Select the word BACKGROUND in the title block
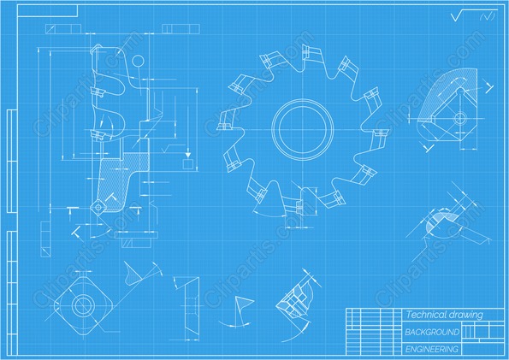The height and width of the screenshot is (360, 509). (x=432, y=332)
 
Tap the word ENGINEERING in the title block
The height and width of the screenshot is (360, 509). (x=432, y=349)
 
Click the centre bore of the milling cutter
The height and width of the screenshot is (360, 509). (x=302, y=129)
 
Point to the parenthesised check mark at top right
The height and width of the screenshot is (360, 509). (x=488, y=16)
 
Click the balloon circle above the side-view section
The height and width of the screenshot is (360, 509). (x=138, y=61)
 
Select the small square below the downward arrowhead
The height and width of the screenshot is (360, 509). (x=188, y=164)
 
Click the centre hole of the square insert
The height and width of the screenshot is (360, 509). (x=83, y=305)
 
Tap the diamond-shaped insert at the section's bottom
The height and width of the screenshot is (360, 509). (x=98, y=206)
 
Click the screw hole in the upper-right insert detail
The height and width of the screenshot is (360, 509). (x=460, y=118)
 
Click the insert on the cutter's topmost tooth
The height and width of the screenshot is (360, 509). (x=305, y=52)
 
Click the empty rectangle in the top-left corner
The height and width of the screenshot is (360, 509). (x=47, y=10)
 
